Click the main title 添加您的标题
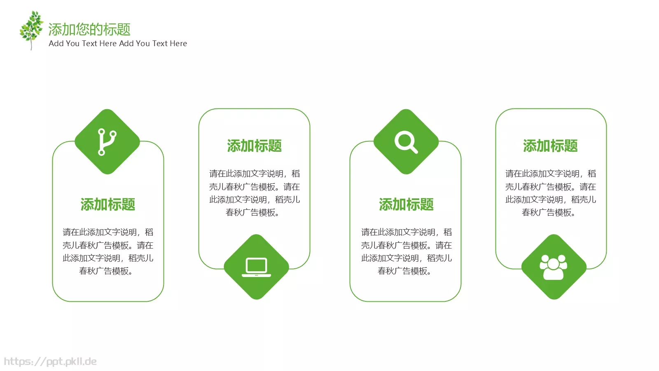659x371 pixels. pyautogui.click(x=89, y=29)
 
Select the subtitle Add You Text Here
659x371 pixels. pyautogui.click(x=118, y=43)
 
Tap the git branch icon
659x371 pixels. pyautogui.click(x=107, y=142)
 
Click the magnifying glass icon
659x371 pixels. pyautogui.click(x=406, y=142)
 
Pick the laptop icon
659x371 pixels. pyautogui.click(x=256, y=267)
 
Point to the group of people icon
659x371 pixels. pyautogui.click(x=553, y=267)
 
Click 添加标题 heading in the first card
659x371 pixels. pyautogui.click(x=108, y=204)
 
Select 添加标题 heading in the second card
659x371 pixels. pyautogui.click(x=255, y=146)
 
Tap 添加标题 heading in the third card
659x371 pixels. pyautogui.click(x=407, y=204)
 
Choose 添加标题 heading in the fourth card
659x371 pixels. pyautogui.click(x=550, y=146)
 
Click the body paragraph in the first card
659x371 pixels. pyautogui.click(x=108, y=251)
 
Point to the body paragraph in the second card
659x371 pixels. pyautogui.click(x=255, y=193)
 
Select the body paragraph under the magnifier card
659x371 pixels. pyautogui.click(x=407, y=251)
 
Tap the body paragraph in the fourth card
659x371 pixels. pyautogui.click(x=550, y=193)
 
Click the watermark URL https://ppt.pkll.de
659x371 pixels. pyautogui.click(x=50, y=362)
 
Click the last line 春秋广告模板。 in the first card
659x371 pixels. pyautogui.click(x=106, y=271)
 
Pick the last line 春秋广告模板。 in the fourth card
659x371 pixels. pyautogui.click(x=549, y=213)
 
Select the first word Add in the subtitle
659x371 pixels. pyautogui.click(x=56, y=43)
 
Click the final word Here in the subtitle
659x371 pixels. pyautogui.click(x=178, y=43)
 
